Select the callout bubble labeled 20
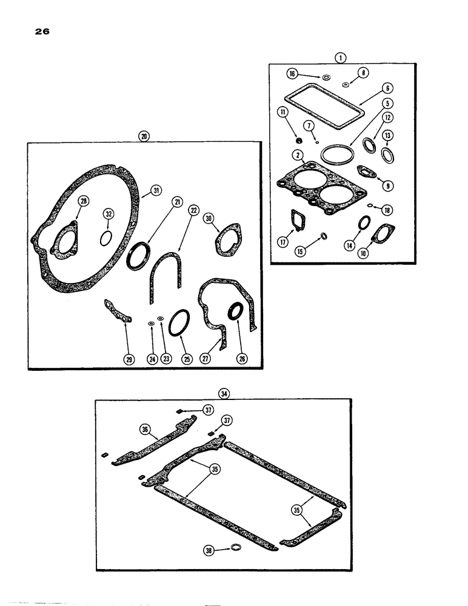(x=143, y=136)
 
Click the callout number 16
(x=292, y=73)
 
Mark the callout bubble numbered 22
(x=193, y=210)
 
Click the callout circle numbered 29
(x=128, y=359)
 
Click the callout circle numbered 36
(x=145, y=429)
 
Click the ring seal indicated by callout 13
(x=387, y=155)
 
